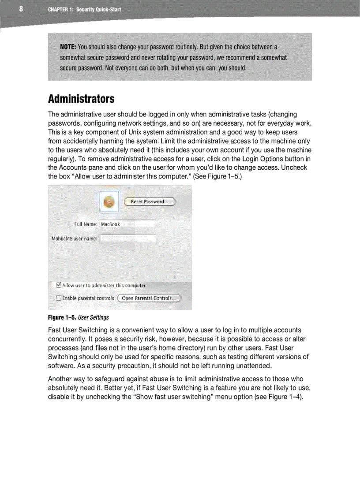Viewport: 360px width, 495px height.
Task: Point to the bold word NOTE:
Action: pos(68,47)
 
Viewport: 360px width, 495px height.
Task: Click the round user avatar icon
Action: pos(109,202)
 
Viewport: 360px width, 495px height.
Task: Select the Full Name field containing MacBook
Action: pos(127,224)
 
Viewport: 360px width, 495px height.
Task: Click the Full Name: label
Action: pos(86,224)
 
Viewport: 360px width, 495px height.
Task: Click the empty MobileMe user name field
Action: pos(127,238)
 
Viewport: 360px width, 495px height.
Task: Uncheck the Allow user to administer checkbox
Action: pos(59,285)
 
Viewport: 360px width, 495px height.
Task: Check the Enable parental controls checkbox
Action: pos(59,298)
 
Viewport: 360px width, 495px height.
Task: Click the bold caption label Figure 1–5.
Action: pos(63,317)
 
